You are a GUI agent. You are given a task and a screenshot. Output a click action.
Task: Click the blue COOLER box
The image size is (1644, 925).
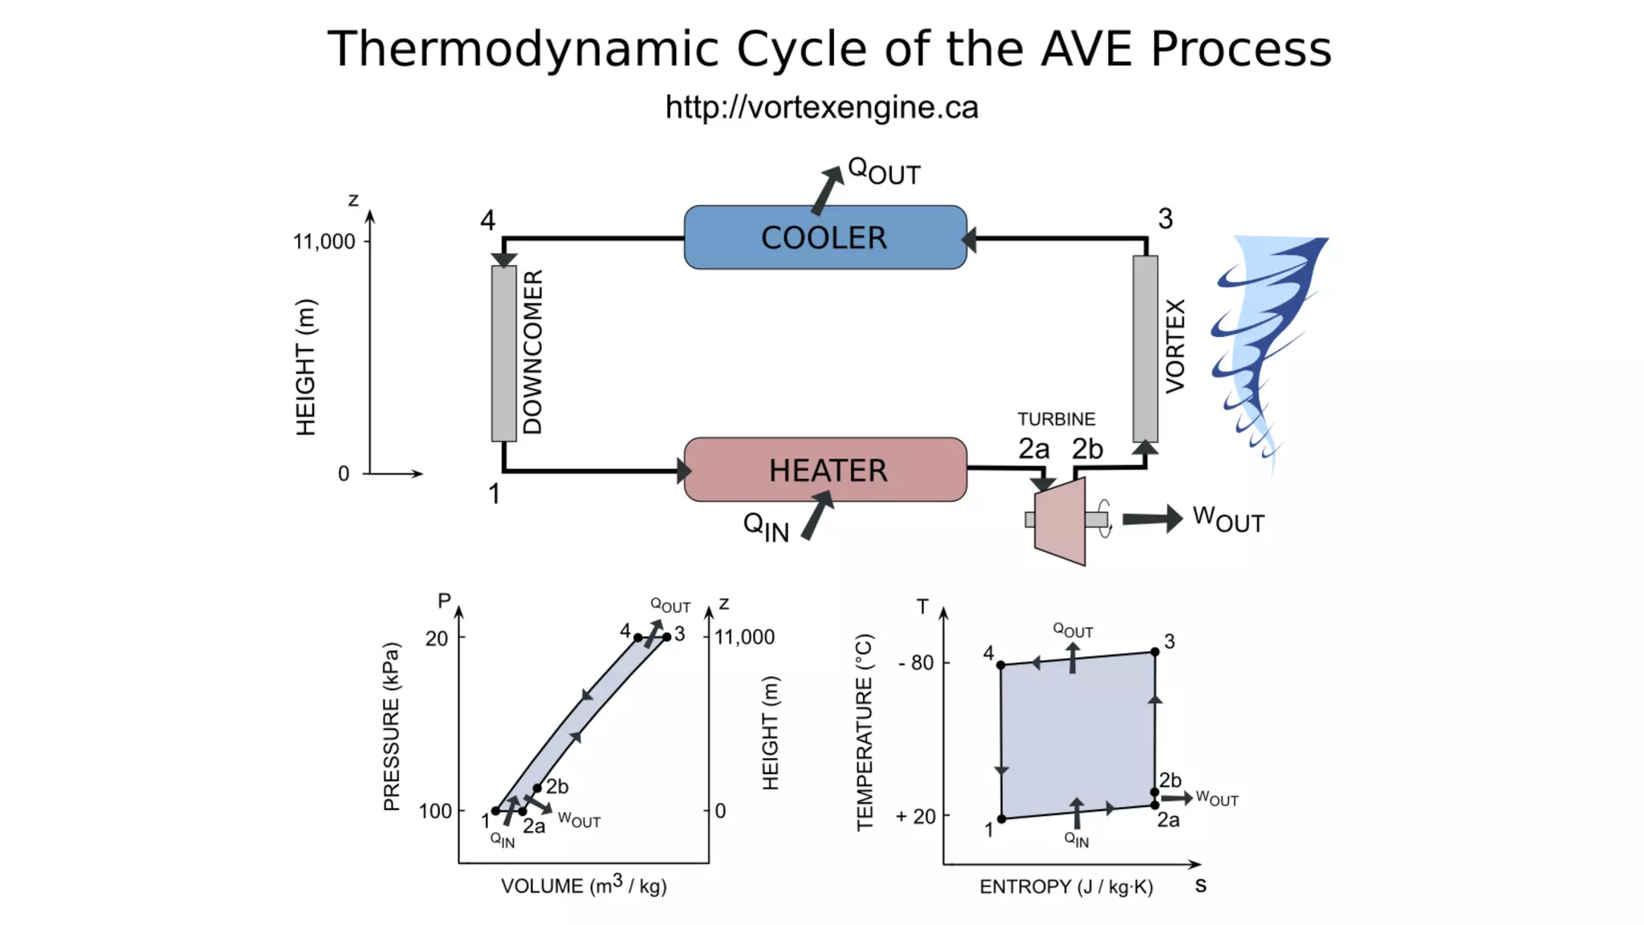(825, 238)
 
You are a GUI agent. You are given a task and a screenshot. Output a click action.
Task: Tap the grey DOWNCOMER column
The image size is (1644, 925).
(504, 353)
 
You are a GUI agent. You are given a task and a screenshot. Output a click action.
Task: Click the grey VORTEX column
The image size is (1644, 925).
(1146, 348)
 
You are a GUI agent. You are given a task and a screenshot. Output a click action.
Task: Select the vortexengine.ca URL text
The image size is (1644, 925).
(821, 108)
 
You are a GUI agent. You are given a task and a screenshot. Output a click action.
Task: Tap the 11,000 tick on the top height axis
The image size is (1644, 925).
(324, 242)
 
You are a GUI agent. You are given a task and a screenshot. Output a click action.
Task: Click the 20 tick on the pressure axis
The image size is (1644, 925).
(437, 638)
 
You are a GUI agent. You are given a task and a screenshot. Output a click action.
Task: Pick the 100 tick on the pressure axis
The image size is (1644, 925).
(435, 811)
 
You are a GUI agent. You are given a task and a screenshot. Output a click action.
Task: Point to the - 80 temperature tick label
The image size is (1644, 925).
(917, 662)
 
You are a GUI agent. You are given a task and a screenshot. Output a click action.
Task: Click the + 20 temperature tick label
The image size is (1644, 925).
(916, 816)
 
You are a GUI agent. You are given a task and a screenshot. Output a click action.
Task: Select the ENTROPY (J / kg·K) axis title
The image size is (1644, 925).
(1066, 886)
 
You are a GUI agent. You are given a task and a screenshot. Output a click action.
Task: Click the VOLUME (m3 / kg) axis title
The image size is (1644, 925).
(584, 886)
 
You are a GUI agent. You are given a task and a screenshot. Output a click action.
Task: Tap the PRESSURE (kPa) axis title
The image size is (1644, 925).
(391, 727)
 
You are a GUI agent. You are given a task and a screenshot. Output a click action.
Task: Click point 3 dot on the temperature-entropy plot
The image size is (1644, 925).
(1154, 652)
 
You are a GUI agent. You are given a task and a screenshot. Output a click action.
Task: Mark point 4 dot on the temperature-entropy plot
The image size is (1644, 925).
(1001, 665)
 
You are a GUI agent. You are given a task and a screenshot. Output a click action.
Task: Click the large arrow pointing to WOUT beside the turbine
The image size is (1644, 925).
(1152, 519)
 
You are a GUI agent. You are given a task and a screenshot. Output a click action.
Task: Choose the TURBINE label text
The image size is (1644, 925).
(1056, 419)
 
